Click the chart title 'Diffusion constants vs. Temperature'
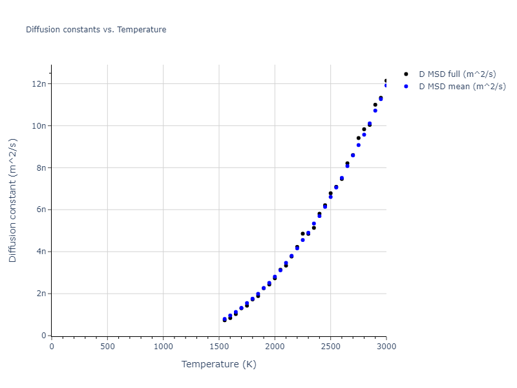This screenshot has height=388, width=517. [x=96, y=30]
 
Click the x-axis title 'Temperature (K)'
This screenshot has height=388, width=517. [x=218, y=364]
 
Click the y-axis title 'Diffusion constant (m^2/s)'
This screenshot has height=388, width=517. [x=13, y=200]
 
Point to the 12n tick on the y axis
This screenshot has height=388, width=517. [x=39, y=83]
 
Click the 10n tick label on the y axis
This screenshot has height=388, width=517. [x=39, y=125]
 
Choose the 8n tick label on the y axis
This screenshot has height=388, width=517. [x=41, y=167]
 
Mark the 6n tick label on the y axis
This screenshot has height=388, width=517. [x=41, y=210]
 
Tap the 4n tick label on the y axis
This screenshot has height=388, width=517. [x=41, y=252]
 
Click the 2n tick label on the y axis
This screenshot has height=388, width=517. [x=41, y=294]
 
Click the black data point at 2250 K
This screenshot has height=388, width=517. [x=302, y=233]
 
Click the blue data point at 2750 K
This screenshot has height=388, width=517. [x=358, y=145]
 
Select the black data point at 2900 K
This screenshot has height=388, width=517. [x=375, y=105]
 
